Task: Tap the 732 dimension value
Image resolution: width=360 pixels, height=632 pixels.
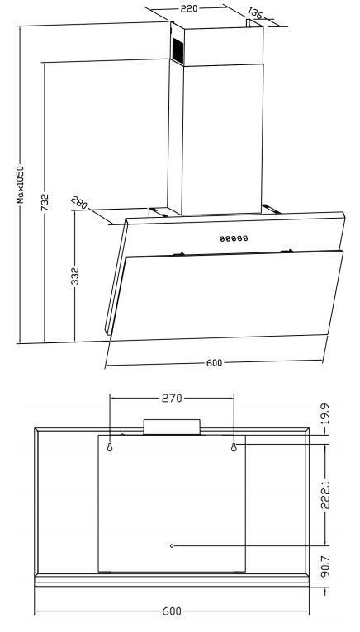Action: pos(45,202)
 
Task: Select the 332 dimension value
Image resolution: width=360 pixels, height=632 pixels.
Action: pos(75,276)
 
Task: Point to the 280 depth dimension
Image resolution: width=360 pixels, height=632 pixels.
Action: pos(79,203)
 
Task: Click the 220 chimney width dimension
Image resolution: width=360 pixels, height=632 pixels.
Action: pos(188,8)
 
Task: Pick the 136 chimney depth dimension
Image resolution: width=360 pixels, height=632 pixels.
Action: pos(254,13)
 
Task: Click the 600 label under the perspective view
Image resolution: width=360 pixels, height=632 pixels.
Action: pos(214,363)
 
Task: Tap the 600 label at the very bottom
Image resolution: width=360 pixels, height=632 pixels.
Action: pos(172,611)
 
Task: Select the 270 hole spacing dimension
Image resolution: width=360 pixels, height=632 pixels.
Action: pos(172,399)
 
